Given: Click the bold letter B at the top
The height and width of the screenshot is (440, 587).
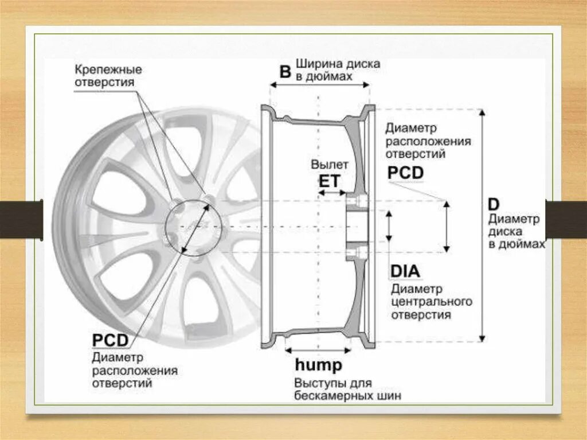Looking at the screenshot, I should pos(285,71).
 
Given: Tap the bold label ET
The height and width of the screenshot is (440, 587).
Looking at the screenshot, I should pos(329,182).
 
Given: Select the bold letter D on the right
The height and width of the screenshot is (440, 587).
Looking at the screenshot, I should pos(493,205).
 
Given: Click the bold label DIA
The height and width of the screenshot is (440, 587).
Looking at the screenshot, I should pos(405,271).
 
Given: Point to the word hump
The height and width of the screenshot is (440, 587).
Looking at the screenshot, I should pos(318,365).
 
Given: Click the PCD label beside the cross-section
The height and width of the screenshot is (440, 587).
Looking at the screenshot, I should pos(405,173).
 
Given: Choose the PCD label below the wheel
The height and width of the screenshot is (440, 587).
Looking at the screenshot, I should pos(110,340).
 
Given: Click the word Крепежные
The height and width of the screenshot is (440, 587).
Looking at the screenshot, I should pos(108,69).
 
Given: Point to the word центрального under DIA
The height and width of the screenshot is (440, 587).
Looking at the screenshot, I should pos(432,301).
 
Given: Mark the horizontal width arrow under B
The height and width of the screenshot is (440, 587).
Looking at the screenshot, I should pos(320,84).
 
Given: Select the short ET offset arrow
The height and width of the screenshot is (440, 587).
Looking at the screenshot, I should pos(331,193).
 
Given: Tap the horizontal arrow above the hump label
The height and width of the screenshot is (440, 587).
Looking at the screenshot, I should pos(318,349).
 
